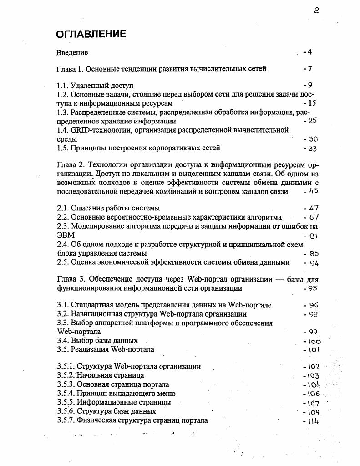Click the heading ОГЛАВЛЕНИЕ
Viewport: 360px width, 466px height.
click(x=91, y=35)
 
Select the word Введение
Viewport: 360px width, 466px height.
click(x=72, y=53)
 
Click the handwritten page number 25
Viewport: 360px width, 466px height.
click(x=312, y=121)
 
